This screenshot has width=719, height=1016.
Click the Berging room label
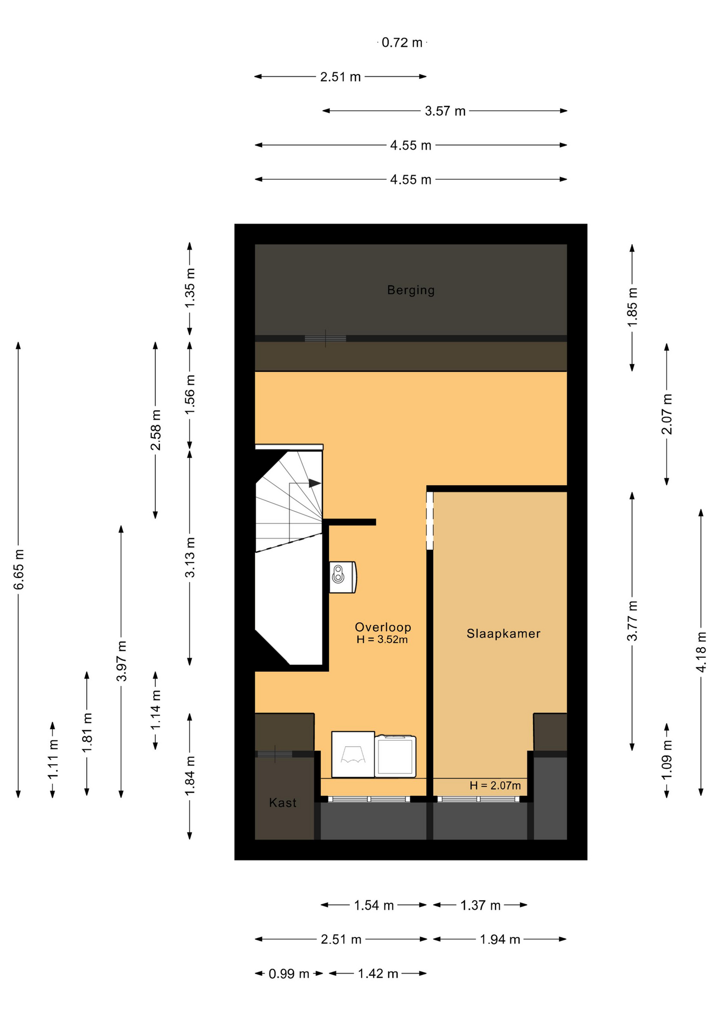tap(410, 290)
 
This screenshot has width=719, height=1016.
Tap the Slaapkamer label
tap(503, 633)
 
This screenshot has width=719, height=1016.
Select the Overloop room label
tap(383, 627)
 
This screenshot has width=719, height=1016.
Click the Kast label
tap(283, 803)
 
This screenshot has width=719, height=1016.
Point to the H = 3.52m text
tap(382, 640)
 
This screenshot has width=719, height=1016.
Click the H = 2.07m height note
tap(495, 786)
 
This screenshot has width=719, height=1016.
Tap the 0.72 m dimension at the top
tap(402, 42)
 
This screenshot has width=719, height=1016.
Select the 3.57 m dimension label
tap(445, 111)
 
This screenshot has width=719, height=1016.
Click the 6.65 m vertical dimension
tap(19, 569)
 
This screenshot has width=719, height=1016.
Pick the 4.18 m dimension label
tap(701, 652)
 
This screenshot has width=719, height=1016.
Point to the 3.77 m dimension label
tap(632, 621)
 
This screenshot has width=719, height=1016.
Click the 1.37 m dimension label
tap(480, 905)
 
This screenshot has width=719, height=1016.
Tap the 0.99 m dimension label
tap(289, 974)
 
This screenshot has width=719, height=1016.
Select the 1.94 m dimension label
tap(500, 940)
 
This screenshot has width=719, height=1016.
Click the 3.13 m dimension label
tap(190, 557)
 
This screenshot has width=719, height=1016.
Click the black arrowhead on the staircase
tap(315, 483)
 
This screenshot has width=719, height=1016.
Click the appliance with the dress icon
tap(353, 754)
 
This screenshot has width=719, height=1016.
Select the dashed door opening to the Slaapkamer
tap(430, 521)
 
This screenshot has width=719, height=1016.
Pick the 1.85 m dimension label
tap(632, 307)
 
